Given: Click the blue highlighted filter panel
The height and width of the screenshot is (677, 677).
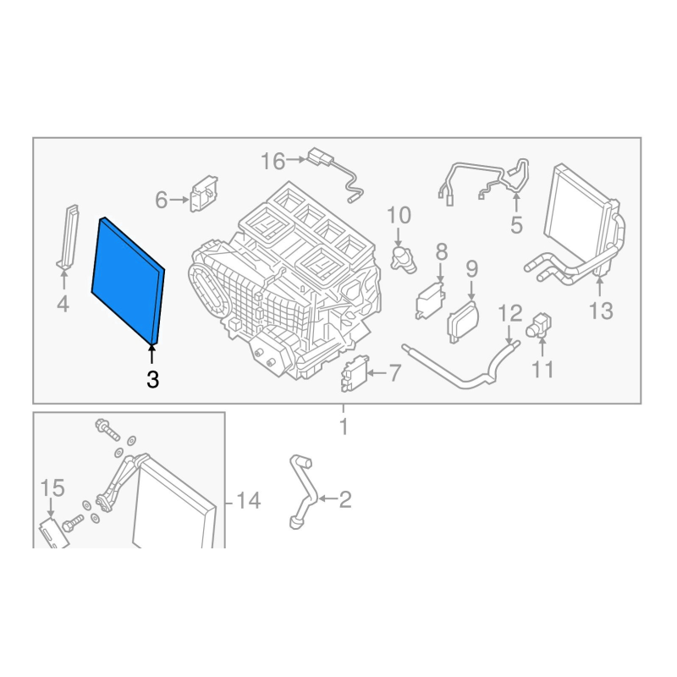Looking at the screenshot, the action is (128, 282).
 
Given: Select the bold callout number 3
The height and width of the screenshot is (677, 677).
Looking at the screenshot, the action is (153, 380).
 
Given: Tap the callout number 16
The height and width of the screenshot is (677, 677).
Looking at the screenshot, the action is (272, 162).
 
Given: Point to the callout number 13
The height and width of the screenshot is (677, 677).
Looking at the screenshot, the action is (601, 311).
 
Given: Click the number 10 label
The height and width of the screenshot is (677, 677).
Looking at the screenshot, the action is (399, 216).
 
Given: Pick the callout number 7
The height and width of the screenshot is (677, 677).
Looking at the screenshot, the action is (395, 373).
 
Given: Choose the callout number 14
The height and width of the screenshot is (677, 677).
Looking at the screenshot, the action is (249, 501).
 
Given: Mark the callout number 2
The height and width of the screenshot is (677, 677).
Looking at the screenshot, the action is (345, 499).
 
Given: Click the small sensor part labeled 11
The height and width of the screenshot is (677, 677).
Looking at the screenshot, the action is (538, 325).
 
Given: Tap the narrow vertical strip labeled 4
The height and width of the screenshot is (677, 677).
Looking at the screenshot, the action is (69, 238).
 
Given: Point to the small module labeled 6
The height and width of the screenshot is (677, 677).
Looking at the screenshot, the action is (204, 194).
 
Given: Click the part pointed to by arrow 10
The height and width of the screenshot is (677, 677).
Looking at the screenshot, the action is (403, 259).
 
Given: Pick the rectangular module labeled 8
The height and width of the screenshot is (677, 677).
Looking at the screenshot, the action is (430, 300).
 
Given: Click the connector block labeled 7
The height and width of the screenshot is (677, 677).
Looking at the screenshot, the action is (355, 372).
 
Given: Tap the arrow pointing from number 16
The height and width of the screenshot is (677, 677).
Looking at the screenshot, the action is (296, 160).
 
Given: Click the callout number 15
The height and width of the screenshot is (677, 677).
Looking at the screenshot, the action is (52, 488).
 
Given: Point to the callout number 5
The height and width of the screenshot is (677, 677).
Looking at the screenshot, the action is (516, 225).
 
